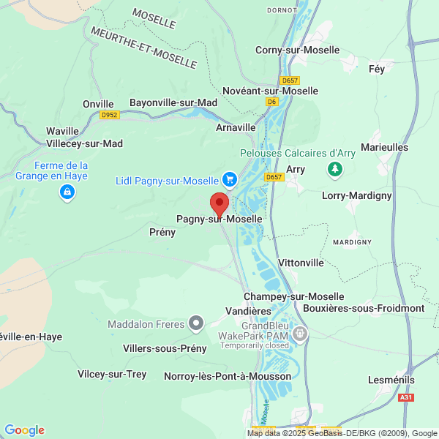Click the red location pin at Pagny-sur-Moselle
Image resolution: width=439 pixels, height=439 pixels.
(x=219, y=203)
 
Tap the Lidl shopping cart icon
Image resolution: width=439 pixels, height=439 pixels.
(x=230, y=179)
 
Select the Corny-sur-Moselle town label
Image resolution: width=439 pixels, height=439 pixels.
(x=297, y=50)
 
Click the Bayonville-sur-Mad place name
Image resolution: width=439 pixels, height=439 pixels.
(x=173, y=103)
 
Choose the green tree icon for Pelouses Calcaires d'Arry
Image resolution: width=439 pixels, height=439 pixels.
(x=335, y=170)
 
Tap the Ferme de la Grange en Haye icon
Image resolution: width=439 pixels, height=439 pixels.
(x=67, y=192)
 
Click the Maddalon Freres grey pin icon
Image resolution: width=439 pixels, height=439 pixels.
(x=195, y=323)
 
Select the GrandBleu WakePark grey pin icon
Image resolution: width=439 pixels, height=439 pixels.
(x=299, y=334)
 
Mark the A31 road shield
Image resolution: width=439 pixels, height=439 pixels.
(x=406, y=397)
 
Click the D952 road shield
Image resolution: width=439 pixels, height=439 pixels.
(x=110, y=115)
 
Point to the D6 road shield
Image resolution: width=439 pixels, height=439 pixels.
(x=272, y=102)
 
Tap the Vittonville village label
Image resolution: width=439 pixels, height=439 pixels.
(x=301, y=262)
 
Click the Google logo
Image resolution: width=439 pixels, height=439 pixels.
(x=24, y=430)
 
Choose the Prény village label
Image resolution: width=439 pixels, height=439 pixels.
(x=162, y=232)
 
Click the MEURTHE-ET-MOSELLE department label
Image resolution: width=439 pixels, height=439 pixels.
(x=144, y=48)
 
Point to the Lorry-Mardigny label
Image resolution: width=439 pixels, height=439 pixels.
(x=357, y=196)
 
